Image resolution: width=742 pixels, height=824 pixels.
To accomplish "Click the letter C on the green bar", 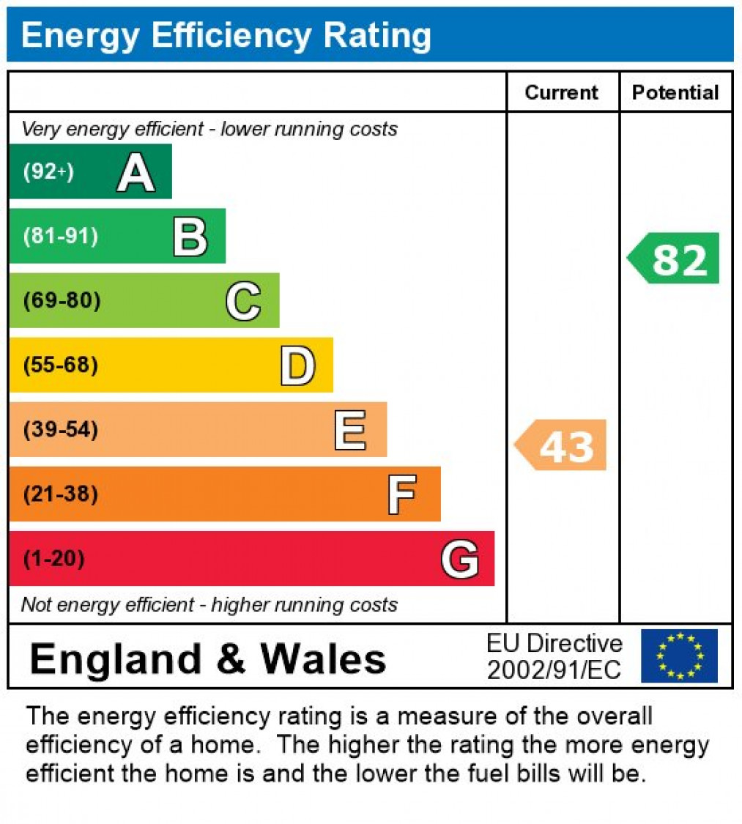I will pyautogui.click(x=243, y=301).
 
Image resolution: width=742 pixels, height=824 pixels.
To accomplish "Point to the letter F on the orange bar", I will pyautogui.click(x=402, y=494).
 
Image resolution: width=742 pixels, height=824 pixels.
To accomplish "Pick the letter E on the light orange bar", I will pyautogui.click(x=349, y=430).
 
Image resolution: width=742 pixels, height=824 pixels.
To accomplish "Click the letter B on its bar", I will pyautogui.click(x=190, y=237).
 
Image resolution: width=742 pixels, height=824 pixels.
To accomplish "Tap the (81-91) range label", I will pyautogui.click(x=61, y=237).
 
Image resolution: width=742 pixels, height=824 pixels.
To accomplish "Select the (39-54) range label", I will pyautogui.click(x=61, y=430).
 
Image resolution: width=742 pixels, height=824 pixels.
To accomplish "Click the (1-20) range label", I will pyautogui.click(x=54, y=560).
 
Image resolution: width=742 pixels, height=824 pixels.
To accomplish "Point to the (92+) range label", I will pyautogui.click(x=48, y=172).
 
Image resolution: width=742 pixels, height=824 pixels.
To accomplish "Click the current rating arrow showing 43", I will pyautogui.click(x=561, y=445).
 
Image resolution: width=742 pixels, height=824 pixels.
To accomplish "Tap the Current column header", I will pyautogui.click(x=562, y=92).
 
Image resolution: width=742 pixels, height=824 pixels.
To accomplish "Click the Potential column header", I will pyautogui.click(x=675, y=92).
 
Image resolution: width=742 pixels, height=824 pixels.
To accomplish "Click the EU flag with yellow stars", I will pyautogui.click(x=679, y=656).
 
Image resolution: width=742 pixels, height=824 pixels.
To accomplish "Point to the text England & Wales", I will pyautogui.click(x=207, y=658).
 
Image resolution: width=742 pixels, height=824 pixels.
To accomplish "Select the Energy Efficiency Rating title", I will pyautogui.click(x=226, y=34).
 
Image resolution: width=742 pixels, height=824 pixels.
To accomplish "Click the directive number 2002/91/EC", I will pyautogui.click(x=554, y=669).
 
